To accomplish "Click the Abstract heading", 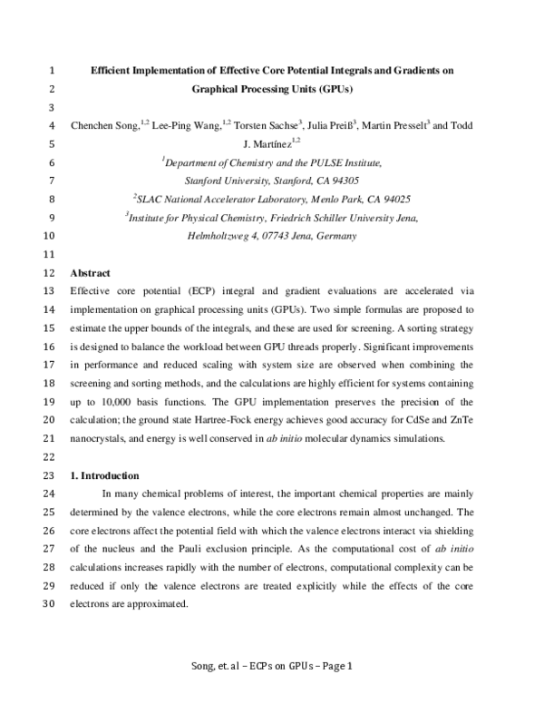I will (x=90, y=273).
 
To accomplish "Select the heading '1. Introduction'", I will (x=104, y=475).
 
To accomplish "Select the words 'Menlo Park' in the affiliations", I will (x=336, y=199).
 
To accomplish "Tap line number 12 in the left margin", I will (x=50, y=273).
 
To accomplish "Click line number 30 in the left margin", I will (x=50, y=604).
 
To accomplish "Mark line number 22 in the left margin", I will (x=50, y=457).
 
